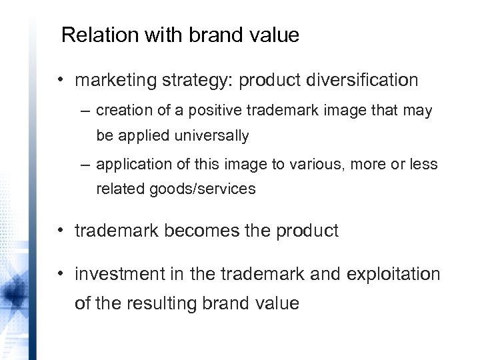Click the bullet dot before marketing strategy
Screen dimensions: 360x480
60,81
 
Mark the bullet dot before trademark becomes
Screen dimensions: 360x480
60,231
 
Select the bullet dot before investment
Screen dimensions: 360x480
60,273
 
